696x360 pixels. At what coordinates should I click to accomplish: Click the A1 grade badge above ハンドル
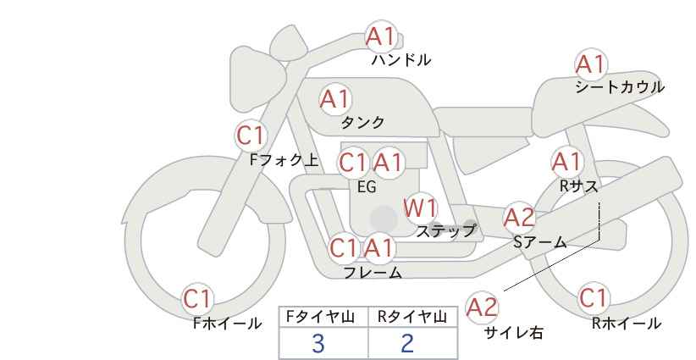[381, 36]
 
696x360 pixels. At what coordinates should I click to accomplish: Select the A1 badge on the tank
[335, 99]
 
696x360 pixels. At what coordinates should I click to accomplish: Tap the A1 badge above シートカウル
[591, 64]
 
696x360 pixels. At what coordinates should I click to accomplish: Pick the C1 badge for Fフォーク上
[251, 136]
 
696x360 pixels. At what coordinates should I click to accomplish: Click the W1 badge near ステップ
[420, 208]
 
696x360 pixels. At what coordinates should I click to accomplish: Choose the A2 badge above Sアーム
[519, 218]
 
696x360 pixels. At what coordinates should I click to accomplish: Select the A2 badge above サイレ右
[482, 307]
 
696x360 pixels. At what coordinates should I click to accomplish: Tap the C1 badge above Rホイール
[594, 298]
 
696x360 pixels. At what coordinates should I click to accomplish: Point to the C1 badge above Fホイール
[197, 299]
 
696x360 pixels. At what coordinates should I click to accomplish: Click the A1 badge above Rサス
[566, 162]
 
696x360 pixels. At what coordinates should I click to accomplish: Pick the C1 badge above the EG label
[353, 163]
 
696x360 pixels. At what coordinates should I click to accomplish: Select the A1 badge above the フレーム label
[379, 247]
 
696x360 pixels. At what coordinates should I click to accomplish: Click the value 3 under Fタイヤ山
[318, 343]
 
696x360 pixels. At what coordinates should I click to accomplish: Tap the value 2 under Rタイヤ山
[407, 343]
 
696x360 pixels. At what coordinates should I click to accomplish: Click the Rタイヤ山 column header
[412, 317]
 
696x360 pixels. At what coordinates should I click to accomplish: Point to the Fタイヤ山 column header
[320, 317]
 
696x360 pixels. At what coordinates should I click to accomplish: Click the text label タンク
[362, 122]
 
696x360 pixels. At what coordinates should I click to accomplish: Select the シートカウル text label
[620, 86]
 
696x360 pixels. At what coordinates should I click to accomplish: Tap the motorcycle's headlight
[257, 80]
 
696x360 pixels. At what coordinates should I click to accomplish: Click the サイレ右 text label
[514, 333]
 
